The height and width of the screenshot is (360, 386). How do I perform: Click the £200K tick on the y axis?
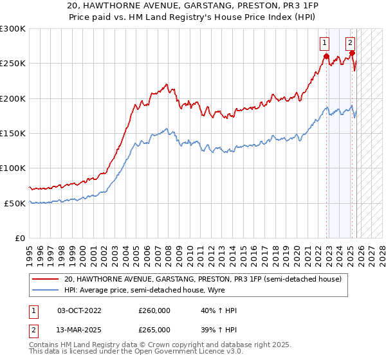[13, 98]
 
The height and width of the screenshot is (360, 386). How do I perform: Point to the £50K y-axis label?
[15, 203]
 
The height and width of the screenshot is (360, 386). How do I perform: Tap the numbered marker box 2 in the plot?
[350, 44]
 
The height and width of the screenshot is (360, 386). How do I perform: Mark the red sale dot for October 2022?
[326, 56]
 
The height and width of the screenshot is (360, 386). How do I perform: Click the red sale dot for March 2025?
[353, 53]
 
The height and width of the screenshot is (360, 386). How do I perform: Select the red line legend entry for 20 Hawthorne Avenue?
[206, 279]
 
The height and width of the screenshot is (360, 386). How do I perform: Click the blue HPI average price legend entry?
[161, 291]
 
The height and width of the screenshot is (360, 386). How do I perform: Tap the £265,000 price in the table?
[154, 329]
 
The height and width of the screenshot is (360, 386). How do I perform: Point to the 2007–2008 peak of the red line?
[167, 84]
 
